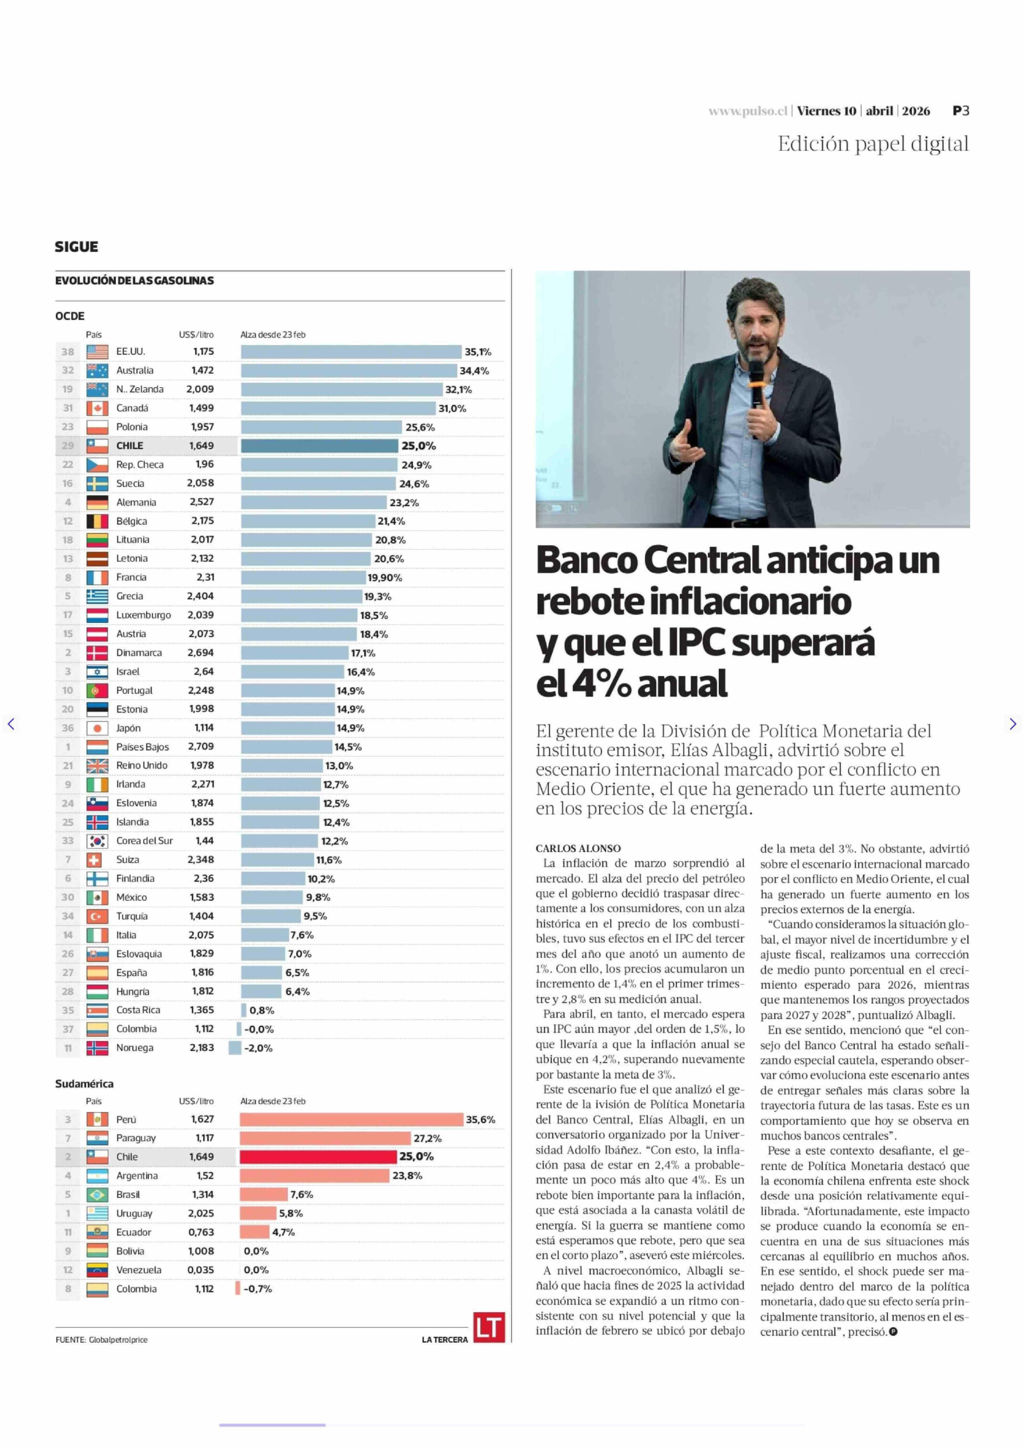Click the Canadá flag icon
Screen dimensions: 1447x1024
click(97, 408)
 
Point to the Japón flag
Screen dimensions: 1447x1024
click(97, 728)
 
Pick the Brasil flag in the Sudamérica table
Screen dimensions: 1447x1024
click(97, 1194)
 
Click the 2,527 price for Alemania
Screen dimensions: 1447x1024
click(202, 502)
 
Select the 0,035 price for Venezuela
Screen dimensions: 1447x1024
click(201, 1270)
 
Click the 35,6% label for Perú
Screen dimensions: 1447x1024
click(480, 1119)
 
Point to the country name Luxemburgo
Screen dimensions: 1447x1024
click(143, 615)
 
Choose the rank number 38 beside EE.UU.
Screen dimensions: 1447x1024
click(67, 352)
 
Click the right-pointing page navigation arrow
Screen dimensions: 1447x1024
click(1013, 724)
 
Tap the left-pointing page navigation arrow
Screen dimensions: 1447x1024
click(11, 724)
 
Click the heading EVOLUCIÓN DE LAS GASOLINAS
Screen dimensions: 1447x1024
click(134, 280)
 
